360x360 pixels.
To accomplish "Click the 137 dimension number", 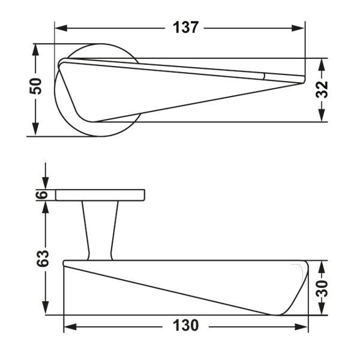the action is (x=185, y=28).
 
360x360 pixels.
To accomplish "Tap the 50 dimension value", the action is (x=36, y=86).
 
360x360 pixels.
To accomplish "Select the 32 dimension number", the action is (x=322, y=89).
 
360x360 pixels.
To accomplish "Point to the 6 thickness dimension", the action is (x=42, y=195).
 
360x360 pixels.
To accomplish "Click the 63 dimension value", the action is (x=43, y=258).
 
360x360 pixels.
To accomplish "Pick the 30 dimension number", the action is (x=322, y=289).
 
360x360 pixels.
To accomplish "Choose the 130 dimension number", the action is (x=185, y=326).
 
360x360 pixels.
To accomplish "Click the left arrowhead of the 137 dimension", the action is (x=61, y=28).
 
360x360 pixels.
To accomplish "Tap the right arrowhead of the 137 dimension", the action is (x=298, y=28).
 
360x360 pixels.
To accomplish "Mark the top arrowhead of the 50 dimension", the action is (x=35, y=50).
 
